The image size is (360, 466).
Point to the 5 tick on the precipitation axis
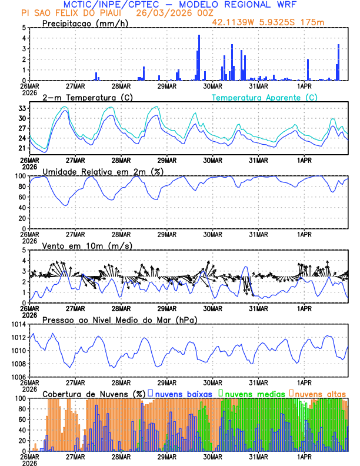pyautogui.click(x=24, y=28)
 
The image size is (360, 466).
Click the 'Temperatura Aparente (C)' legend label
pyautogui.click(x=265, y=97)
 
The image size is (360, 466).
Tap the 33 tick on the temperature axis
pyautogui.click(x=22, y=108)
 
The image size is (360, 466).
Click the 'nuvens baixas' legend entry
pyautogui.click(x=184, y=394)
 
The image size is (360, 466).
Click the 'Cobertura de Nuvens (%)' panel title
pyautogui.click(x=94, y=394)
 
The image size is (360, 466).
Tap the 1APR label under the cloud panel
pyautogui.click(x=305, y=456)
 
